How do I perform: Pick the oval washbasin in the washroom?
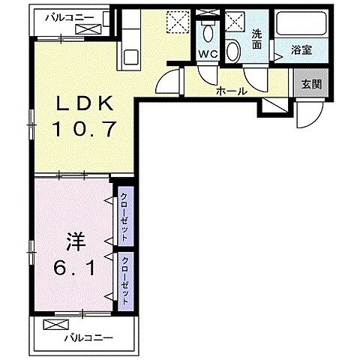234,50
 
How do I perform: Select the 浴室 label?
301,52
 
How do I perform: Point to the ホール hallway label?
230,91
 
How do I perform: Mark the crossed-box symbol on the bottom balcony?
55,325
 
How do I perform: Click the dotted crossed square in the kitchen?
177,23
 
